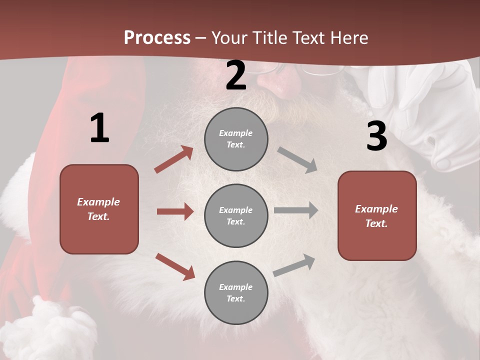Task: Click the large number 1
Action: pyautogui.click(x=99, y=128)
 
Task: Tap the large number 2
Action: pyautogui.click(x=236, y=75)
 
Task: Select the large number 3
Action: pyautogui.click(x=376, y=136)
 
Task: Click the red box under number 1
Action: pyautogui.click(x=99, y=209)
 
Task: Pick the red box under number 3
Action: pyautogui.click(x=377, y=216)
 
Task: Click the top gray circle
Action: pyautogui.click(x=236, y=139)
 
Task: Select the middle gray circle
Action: pyautogui.click(x=236, y=216)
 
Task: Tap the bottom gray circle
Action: pyautogui.click(x=236, y=293)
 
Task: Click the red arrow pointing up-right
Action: pyautogui.click(x=174, y=159)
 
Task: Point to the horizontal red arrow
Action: pyautogui.click(x=175, y=211)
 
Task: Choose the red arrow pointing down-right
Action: pyautogui.click(x=175, y=266)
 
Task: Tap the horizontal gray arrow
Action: pyautogui.click(x=296, y=210)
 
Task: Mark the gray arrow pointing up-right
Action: pyautogui.click(x=294, y=265)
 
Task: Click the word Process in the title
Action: pyautogui.click(x=157, y=38)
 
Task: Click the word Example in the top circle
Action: pyautogui.click(x=235, y=133)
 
